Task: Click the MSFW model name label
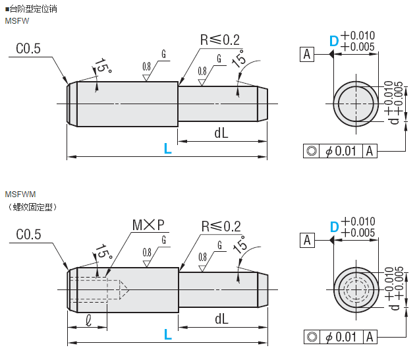(x=17, y=21)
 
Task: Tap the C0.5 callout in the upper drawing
(x=28, y=48)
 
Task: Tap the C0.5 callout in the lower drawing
(x=28, y=235)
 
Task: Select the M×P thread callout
(x=148, y=225)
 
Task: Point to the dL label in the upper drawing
(x=221, y=133)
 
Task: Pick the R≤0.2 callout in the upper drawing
(x=220, y=40)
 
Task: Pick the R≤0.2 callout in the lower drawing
(x=220, y=225)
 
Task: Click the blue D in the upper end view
(x=334, y=41)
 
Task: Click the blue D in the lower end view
(x=334, y=227)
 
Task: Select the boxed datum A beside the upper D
(x=307, y=54)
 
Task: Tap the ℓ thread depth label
(x=88, y=318)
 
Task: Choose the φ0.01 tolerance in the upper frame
(x=341, y=151)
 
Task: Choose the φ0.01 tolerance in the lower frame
(x=341, y=337)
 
